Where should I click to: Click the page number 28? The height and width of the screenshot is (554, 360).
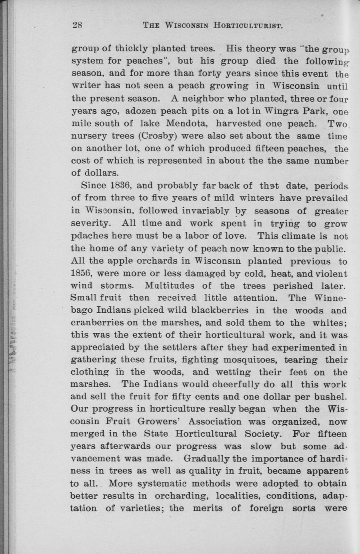[x=77, y=25]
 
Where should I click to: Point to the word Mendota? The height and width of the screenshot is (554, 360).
[x=186, y=123]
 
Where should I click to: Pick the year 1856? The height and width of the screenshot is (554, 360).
[x=82, y=273]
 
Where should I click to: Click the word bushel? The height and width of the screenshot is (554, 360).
[x=332, y=397]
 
